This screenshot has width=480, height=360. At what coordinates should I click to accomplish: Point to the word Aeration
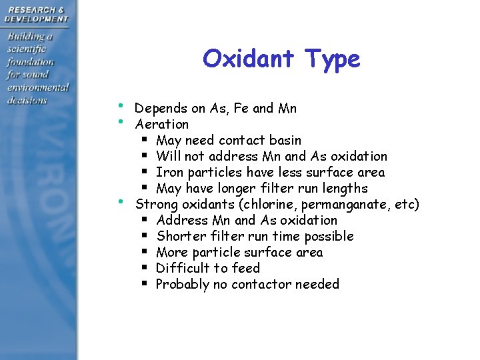click(162, 125)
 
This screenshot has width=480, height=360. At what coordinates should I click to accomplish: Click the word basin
click(285, 141)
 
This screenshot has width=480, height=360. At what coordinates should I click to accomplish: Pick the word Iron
click(169, 173)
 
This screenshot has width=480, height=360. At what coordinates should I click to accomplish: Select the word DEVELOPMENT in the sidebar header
click(37, 19)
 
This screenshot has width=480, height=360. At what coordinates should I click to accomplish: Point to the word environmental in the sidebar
click(38, 87)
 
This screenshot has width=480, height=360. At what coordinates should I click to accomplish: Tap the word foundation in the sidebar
click(31, 61)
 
